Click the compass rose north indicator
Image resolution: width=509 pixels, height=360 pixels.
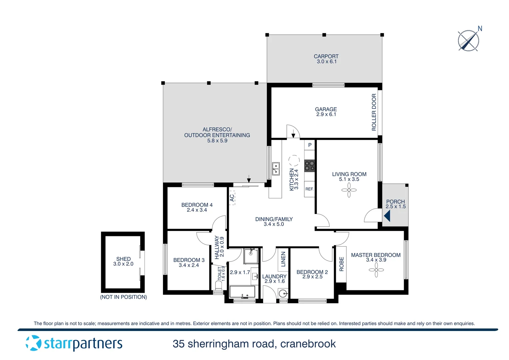click(x=469, y=40)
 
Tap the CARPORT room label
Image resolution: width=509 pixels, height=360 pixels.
click(x=326, y=57)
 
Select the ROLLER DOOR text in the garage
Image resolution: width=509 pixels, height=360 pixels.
click(x=374, y=112)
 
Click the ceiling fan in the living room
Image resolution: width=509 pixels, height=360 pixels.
click(x=349, y=190)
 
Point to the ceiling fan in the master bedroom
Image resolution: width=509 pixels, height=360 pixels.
click(x=376, y=270)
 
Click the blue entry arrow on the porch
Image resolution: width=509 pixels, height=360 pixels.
click(x=387, y=216)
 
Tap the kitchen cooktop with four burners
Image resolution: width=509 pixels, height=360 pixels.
click(x=309, y=166)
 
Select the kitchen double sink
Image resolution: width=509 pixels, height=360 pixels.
click(x=276, y=169)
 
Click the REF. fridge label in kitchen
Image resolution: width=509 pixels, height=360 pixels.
click(x=309, y=189)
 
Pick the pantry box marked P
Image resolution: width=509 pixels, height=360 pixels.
click(x=310, y=145)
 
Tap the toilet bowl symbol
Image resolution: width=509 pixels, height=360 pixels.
click(x=219, y=285)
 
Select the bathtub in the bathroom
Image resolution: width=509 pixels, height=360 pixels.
click(x=243, y=292)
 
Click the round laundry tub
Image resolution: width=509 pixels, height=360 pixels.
click(x=283, y=294)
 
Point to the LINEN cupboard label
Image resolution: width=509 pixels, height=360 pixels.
click(x=283, y=259)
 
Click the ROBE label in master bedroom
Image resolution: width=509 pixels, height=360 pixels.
click(x=341, y=264)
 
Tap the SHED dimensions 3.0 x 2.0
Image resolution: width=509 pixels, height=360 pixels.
click(x=123, y=264)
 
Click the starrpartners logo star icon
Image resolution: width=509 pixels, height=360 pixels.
click(x=33, y=343)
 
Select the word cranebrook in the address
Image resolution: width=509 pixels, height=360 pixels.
click(x=308, y=344)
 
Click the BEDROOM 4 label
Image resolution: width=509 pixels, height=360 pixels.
click(x=197, y=205)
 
